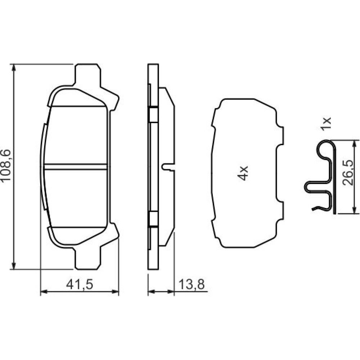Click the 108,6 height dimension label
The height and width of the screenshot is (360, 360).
pyautogui.click(x=6, y=165)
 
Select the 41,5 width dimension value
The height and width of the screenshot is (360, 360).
pyautogui.click(x=80, y=284)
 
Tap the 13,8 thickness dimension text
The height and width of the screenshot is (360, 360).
pyautogui.click(x=192, y=284)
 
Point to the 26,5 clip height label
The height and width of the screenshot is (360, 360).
pyautogui.click(x=348, y=173)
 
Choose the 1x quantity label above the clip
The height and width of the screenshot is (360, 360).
pyautogui.click(x=326, y=124)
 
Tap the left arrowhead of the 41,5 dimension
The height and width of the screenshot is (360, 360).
pyautogui.click(x=44, y=292)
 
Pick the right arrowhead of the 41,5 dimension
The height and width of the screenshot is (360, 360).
pyautogui.click(x=115, y=292)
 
